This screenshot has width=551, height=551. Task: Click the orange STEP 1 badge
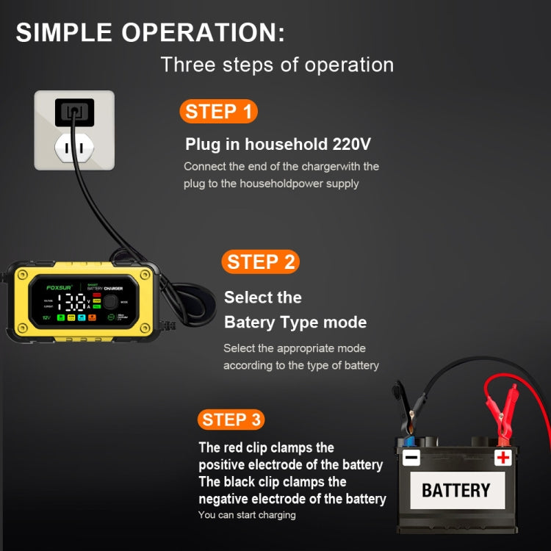pyautogui.click(x=218, y=112)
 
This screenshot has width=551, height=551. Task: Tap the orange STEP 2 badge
pyautogui.click(x=261, y=262)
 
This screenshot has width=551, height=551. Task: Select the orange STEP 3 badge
pyautogui.click(x=231, y=419)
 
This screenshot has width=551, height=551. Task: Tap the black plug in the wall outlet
pyautogui.click(x=74, y=112)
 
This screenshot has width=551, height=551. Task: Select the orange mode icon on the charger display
pyautogui.click(x=93, y=317)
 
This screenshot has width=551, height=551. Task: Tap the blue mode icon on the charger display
pyautogui.click(x=82, y=317)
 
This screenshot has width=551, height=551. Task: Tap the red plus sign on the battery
pyautogui.click(x=503, y=458)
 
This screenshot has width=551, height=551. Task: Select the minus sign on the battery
pyautogui.click(x=411, y=458)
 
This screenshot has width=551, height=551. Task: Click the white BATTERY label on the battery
pyautogui.click(x=455, y=490)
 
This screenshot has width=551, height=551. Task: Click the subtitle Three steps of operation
pyautogui.click(x=277, y=65)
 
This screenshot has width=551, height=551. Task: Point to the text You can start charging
pyautogui.click(x=247, y=515)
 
